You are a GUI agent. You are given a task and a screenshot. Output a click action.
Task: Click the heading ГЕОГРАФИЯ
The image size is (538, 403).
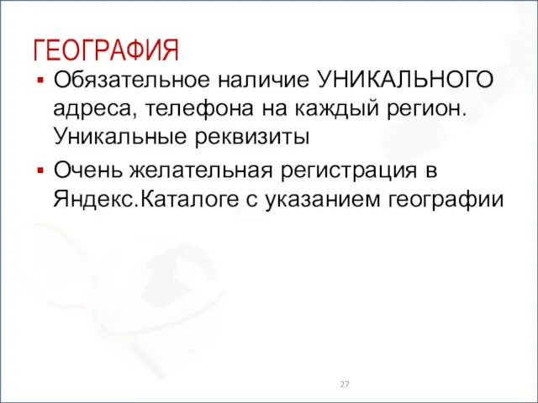[106, 50]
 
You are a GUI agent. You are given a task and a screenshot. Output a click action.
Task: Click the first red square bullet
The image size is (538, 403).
[39, 81]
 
